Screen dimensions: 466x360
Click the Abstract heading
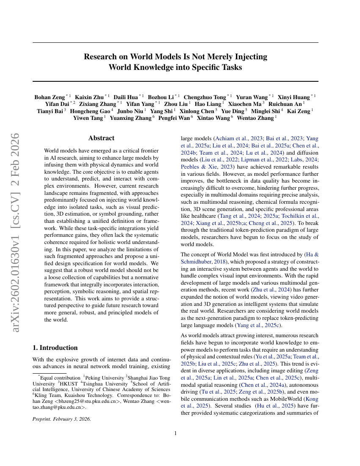101,138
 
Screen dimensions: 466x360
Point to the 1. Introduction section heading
55,348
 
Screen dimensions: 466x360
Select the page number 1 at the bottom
175,433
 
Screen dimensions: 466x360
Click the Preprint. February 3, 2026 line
62,419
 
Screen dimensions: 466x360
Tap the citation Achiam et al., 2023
238,138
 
